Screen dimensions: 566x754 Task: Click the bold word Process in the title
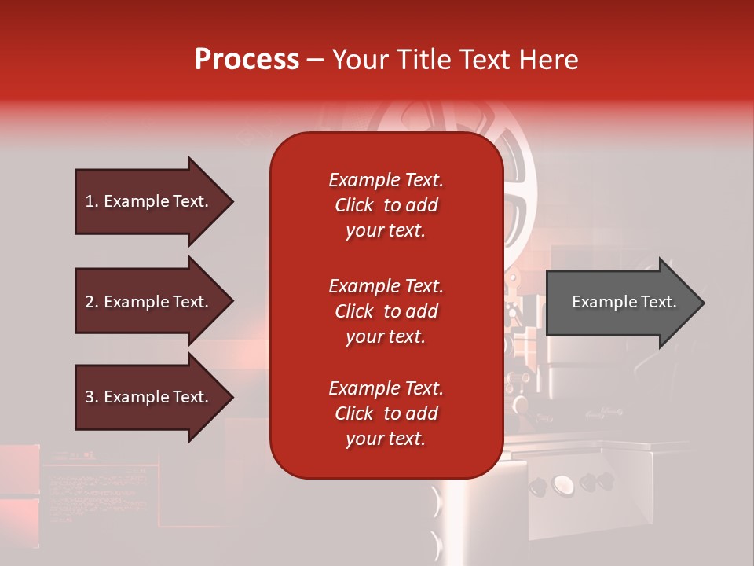247,60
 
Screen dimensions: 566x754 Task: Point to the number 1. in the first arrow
92,201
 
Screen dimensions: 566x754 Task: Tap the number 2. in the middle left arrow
92,302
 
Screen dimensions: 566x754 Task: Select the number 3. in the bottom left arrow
92,397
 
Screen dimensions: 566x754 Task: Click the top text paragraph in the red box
386,205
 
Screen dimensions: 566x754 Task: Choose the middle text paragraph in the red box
386,311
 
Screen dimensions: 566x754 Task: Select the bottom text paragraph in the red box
386,413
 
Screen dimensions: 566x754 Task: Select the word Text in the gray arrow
658,302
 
